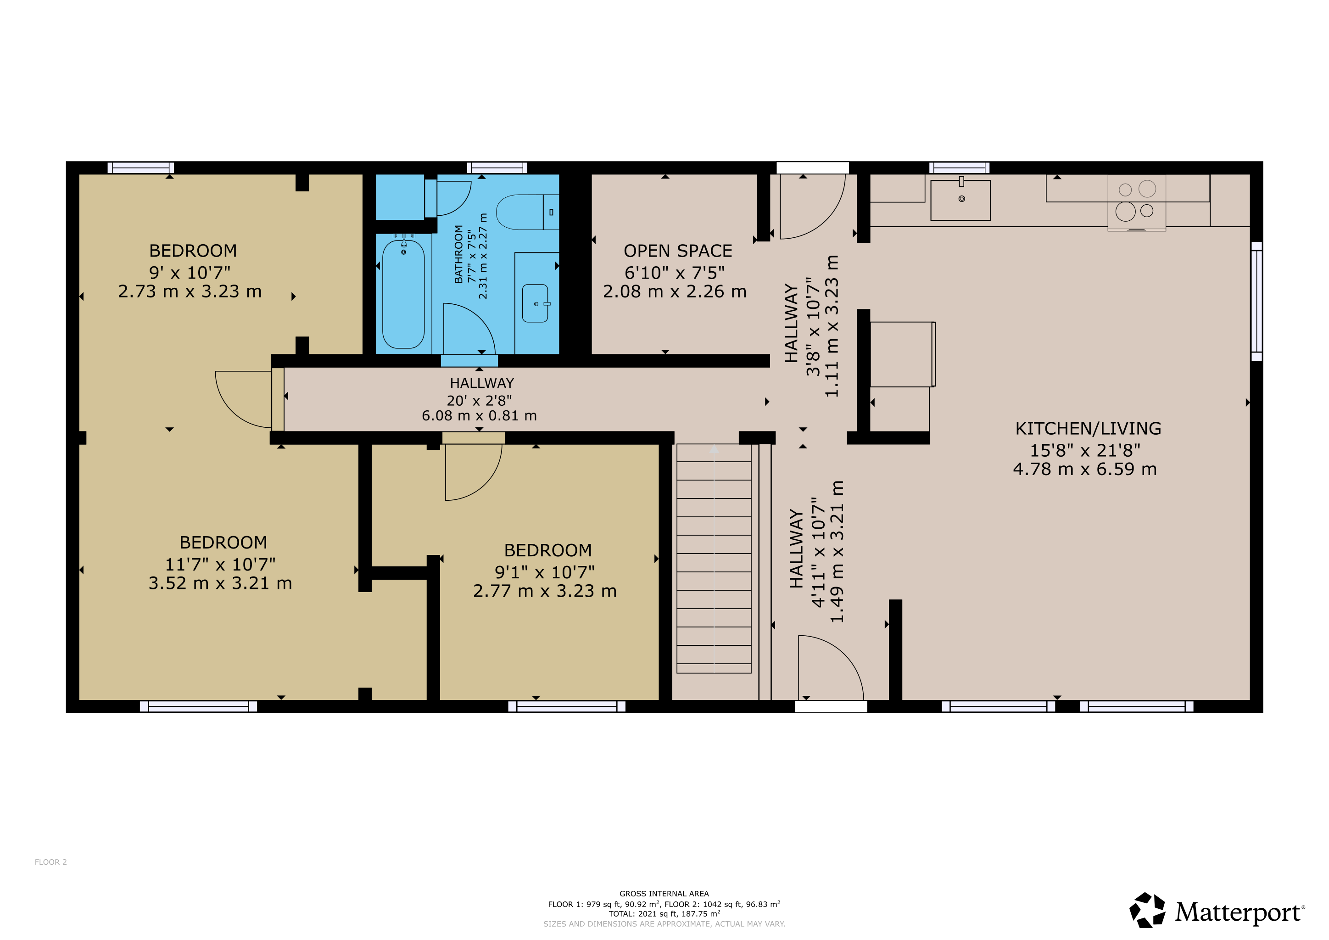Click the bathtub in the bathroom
pos(403,294)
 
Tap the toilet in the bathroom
pos(527,212)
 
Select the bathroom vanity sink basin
pos(536,303)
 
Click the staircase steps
pos(714,559)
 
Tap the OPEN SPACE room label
pos(678,251)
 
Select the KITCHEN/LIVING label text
pos(1088,429)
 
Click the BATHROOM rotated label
pos(458,254)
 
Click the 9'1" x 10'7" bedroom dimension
pos(545,572)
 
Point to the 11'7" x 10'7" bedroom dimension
pos(221,565)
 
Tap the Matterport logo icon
pos(1148,911)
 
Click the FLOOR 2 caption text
pos(51,862)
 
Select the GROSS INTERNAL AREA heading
pos(664,894)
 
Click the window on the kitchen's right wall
pos(1256,301)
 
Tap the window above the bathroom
pos(497,168)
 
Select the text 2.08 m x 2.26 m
pos(675,292)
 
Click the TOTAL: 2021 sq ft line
pos(664,914)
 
